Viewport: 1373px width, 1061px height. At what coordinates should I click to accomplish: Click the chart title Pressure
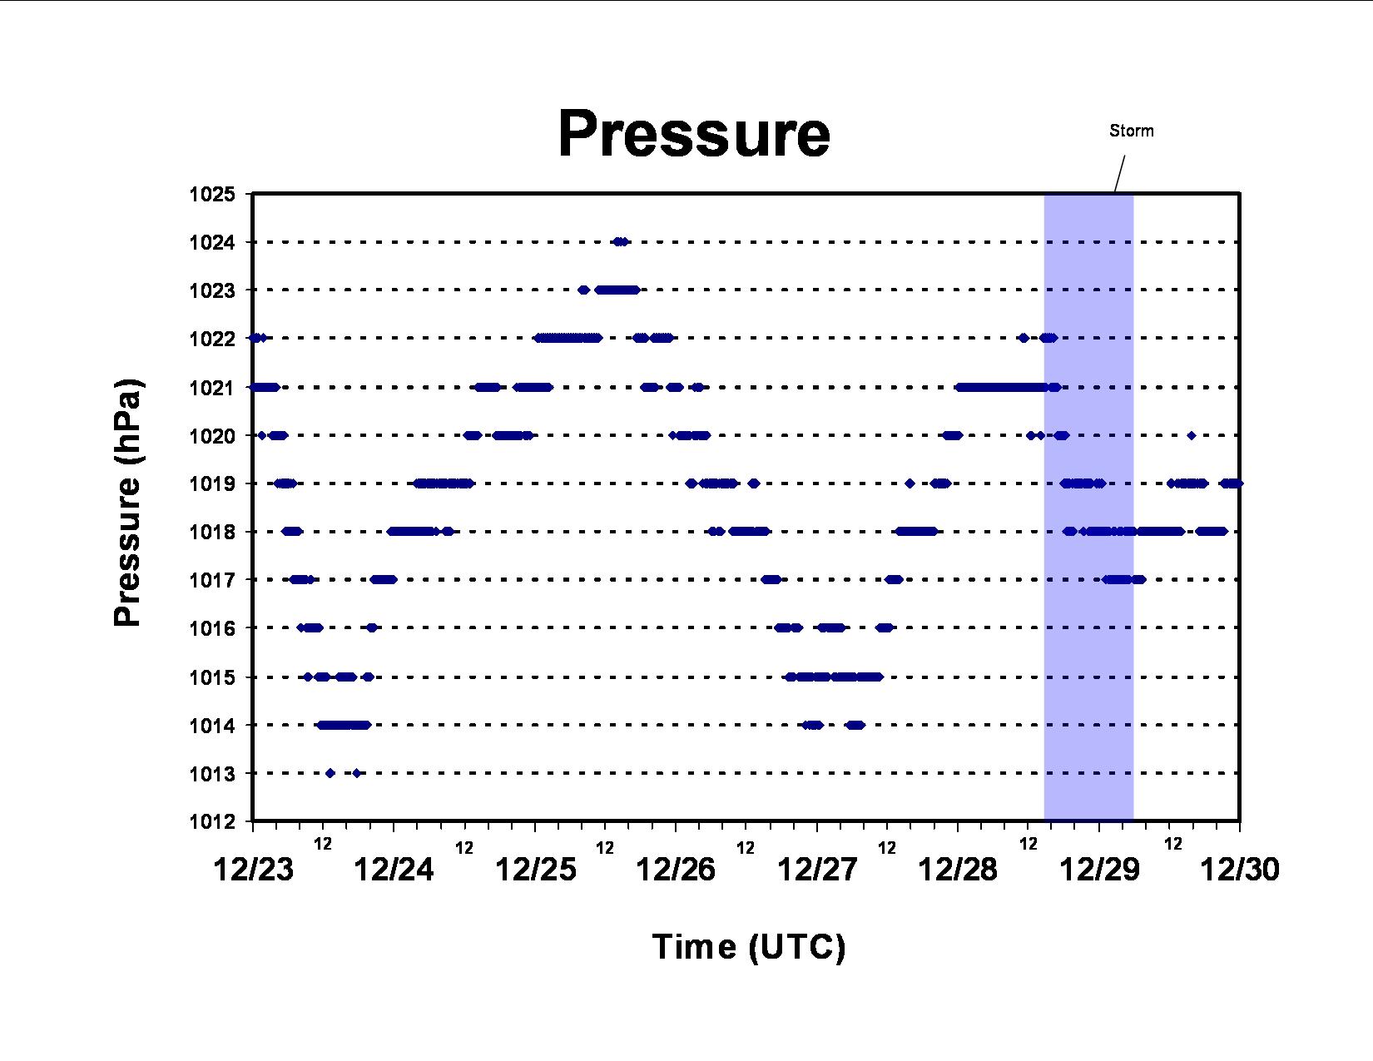(694, 134)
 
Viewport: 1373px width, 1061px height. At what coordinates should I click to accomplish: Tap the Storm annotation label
(1131, 131)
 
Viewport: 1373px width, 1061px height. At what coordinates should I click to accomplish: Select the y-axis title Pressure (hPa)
(127, 503)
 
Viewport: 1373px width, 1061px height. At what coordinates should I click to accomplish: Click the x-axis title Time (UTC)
(748, 947)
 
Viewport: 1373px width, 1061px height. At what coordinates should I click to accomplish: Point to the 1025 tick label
(211, 194)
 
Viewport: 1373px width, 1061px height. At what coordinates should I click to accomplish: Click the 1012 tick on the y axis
(211, 821)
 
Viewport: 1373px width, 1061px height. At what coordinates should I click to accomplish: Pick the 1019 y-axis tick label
(211, 484)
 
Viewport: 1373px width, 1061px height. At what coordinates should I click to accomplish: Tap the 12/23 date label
(253, 870)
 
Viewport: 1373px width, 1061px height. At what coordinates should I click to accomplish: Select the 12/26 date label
(676, 870)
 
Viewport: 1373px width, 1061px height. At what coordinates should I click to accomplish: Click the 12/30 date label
(1240, 870)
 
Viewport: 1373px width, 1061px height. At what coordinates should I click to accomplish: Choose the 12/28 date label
(957, 870)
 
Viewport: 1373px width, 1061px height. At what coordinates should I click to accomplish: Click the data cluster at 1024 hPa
(621, 241)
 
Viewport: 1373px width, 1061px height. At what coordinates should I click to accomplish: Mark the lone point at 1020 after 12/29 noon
(1191, 435)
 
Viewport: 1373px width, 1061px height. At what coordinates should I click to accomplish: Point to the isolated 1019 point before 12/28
(910, 483)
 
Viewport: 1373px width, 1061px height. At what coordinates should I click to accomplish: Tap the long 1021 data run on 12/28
(1008, 388)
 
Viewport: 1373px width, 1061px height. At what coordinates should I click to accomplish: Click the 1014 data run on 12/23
(343, 725)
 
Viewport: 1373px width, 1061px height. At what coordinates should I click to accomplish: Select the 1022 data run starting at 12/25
(568, 338)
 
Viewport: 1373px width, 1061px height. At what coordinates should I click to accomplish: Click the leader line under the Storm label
(1119, 173)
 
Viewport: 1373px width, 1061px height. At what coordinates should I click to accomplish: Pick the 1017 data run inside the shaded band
(1123, 579)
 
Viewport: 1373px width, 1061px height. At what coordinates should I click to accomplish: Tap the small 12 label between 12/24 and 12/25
(463, 848)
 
